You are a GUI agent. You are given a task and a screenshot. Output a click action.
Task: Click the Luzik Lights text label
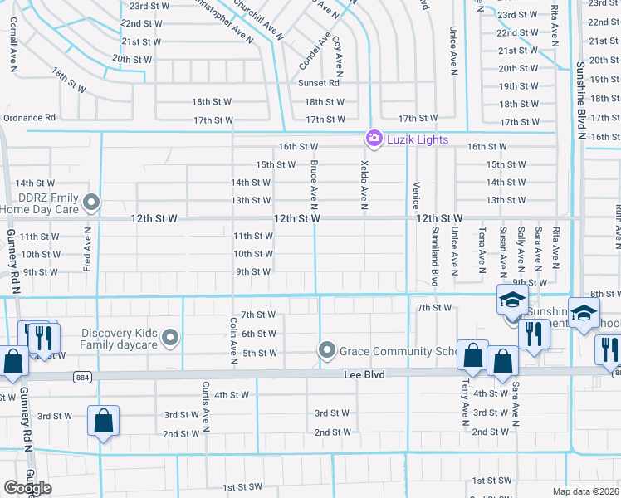[x=418, y=139]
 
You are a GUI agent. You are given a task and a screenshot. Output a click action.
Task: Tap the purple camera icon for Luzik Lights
[x=374, y=138]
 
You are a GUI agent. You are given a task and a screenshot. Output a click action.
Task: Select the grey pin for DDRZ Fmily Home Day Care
[x=92, y=202]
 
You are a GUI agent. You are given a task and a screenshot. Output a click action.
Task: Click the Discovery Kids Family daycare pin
[x=171, y=338]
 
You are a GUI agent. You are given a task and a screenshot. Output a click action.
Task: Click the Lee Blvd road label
[x=364, y=375]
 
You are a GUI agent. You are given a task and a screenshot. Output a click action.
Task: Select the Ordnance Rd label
[x=29, y=118]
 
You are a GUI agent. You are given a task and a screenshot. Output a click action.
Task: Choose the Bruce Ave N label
[x=314, y=185]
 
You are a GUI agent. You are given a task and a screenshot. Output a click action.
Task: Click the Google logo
[x=27, y=488]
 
